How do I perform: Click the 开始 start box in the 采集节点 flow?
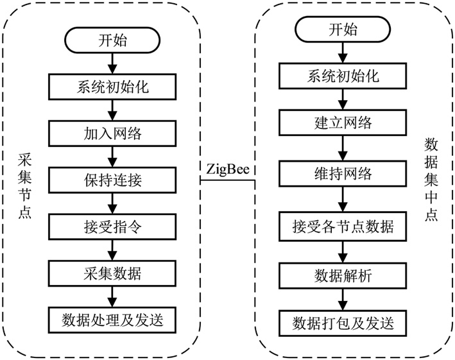(x=112, y=40)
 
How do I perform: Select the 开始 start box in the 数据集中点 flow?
(x=343, y=29)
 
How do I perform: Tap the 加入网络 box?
(x=112, y=133)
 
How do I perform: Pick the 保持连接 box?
(x=112, y=180)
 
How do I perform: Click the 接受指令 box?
(x=112, y=227)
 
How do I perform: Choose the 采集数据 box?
(x=112, y=273)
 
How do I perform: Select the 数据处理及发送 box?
(x=112, y=320)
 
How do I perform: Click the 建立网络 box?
(x=343, y=123)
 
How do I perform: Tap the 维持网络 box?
(x=343, y=174)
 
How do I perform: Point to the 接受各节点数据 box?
(x=343, y=227)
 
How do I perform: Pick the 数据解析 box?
(x=343, y=275)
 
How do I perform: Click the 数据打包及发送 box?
(x=343, y=323)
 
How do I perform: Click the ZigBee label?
(x=228, y=169)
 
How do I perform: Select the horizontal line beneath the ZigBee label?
(x=228, y=180)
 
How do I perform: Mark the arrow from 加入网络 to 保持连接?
(x=112, y=157)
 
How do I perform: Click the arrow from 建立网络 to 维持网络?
(x=343, y=148)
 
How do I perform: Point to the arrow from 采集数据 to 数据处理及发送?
(x=112, y=296)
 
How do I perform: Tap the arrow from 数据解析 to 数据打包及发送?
(x=343, y=300)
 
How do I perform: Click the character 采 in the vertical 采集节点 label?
(x=25, y=159)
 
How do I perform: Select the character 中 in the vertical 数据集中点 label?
(x=431, y=197)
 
